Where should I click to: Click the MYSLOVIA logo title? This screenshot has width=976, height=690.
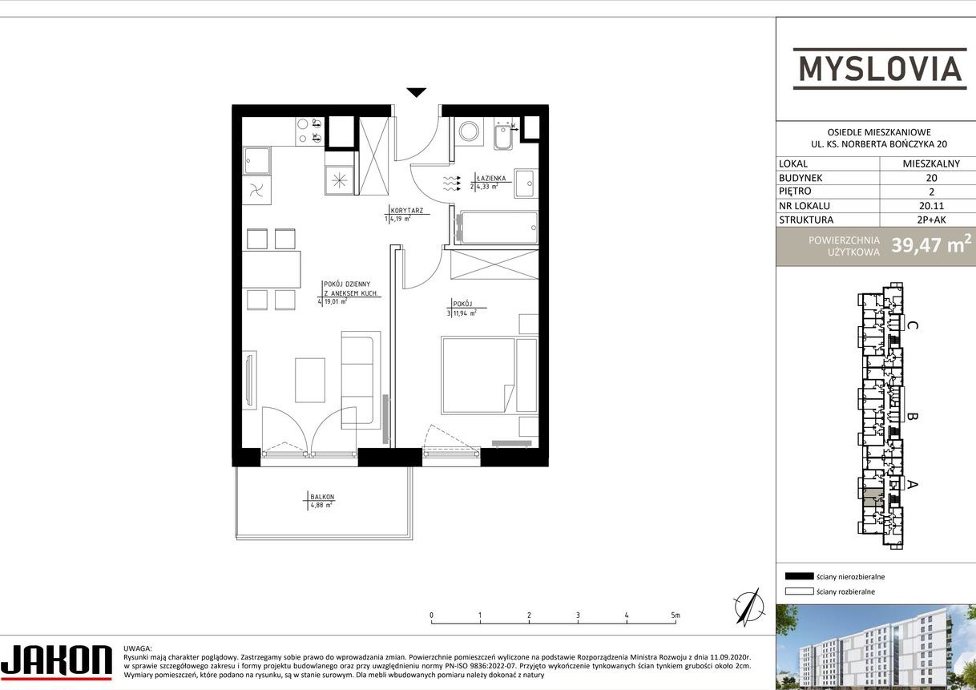click(879, 68)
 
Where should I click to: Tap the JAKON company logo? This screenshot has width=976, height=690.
click(56, 661)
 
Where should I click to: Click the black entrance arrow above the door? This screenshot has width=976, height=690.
click(416, 93)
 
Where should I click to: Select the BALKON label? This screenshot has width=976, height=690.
click(322, 497)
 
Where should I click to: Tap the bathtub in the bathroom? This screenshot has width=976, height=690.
click(496, 228)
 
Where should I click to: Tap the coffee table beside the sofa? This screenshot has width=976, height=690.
click(310, 380)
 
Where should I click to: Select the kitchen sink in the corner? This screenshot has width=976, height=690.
click(256, 160)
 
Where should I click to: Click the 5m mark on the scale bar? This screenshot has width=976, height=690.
click(676, 616)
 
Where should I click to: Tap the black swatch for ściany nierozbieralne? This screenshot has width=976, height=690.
click(799, 576)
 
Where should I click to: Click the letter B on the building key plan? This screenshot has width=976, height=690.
click(912, 416)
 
